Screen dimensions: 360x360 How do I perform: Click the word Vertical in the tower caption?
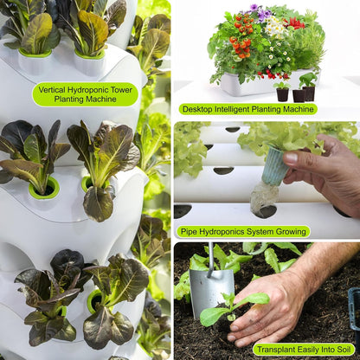point(57,88)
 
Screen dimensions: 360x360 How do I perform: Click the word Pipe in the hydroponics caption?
point(188,232)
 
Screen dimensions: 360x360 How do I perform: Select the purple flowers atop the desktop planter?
point(259,14)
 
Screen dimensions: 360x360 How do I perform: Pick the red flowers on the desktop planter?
point(295,23)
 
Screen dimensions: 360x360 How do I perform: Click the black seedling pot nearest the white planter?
point(282,93)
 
